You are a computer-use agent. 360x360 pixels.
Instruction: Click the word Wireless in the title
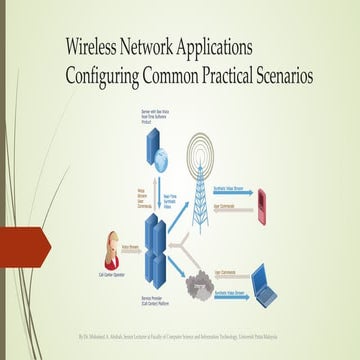tap(95, 46)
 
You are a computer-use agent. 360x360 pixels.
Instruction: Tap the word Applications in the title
tap(240, 47)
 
